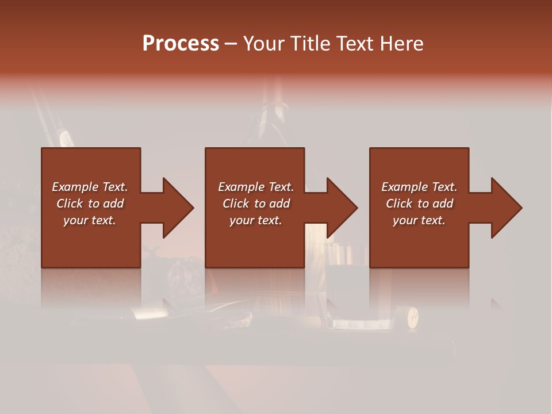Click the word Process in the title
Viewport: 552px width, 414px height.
(181, 44)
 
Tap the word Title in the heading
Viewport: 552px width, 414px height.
(311, 44)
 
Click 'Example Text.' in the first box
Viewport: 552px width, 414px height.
(90, 187)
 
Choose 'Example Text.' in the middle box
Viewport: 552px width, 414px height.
(256, 187)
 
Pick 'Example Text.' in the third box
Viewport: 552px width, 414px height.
(419, 187)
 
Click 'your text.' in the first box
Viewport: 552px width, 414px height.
(90, 220)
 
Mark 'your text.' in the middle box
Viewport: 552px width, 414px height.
(256, 220)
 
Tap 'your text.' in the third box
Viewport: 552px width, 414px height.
(419, 220)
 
